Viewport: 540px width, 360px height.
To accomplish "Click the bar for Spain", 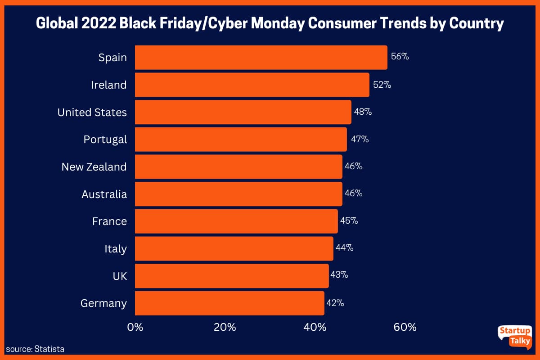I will click(x=261, y=58).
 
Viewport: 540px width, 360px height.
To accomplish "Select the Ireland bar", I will click(x=252, y=85).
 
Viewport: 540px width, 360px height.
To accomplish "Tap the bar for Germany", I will click(x=229, y=303).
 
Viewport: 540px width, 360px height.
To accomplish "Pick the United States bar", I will click(x=243, y=112).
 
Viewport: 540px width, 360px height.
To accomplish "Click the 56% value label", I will click(x=400, y=57).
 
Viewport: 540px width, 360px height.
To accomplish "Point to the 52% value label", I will click(x=382, y=85).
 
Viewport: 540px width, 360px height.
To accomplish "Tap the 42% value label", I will click(x=335, y=303).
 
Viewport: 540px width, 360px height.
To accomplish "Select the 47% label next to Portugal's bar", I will click(x=360, y=139).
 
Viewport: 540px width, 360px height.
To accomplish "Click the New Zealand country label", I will click(x=94, y=167).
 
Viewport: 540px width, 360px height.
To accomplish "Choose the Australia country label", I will click(x=104, y=194).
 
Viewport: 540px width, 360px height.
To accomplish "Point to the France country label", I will click(x=110, y=221).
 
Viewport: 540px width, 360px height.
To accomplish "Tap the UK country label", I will click(x=120, y=276).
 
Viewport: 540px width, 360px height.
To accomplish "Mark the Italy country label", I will click(x=116, y=249).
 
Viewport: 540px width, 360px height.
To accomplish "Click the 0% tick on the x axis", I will click(x=135, y=327).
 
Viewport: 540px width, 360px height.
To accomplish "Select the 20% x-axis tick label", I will click(x=225, y=327).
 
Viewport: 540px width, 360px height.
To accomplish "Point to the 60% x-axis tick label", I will click(x=405, y=327).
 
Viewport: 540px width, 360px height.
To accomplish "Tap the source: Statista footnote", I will click(x=36, y=349).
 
